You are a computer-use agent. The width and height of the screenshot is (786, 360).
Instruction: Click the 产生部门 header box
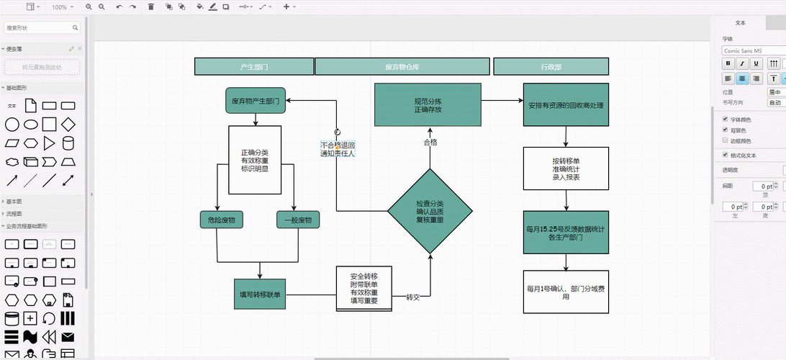(x=254, y=66)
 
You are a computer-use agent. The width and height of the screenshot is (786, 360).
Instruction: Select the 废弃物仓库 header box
(x=402, y=66)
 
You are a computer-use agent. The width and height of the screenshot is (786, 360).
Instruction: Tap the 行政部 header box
(x=551, y=66)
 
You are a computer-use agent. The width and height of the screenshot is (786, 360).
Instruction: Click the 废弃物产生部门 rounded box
(x=255, y=101)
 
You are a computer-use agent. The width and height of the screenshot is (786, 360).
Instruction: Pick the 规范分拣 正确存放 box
(x=428, y=104)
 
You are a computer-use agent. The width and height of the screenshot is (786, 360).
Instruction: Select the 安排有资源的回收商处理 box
(x=566, y=104)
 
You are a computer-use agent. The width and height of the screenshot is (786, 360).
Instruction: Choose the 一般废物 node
(x=298, y=220)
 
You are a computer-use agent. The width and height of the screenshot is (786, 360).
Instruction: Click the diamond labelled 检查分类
(x=430, y=211)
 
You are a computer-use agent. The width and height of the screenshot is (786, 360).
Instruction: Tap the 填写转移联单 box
(x=260, y=294)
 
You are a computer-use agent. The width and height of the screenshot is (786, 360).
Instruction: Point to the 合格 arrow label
(x=430, y=142)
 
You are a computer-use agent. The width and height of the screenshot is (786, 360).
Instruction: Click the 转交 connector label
(x=412, y=297)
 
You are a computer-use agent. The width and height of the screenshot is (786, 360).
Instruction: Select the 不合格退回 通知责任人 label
(x=338, y=149)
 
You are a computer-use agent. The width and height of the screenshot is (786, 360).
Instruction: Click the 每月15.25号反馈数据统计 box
(x=566, y=233)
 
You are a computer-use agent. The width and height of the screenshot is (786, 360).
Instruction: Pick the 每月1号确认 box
(x=566, y=292)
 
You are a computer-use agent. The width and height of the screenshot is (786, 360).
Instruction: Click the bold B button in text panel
(x=728, y=63)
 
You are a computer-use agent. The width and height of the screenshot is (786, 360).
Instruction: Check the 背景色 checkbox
(x=725, y=130)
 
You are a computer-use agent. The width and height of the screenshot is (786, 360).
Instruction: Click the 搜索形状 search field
(x=42, y=27)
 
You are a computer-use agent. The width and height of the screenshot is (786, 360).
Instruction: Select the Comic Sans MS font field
(x=752, y=50)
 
